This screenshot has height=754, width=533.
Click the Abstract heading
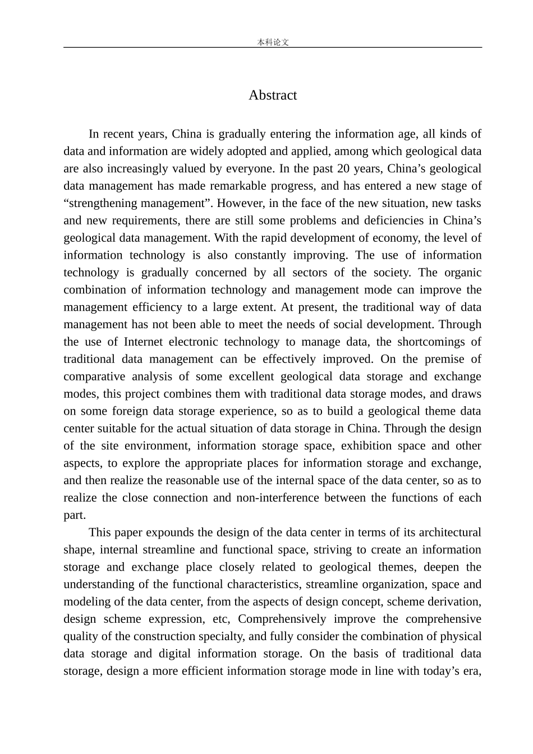[x=273, y=95]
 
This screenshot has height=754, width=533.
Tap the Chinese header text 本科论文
[x=273, y=42]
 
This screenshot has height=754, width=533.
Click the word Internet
[x=144, y=342]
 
